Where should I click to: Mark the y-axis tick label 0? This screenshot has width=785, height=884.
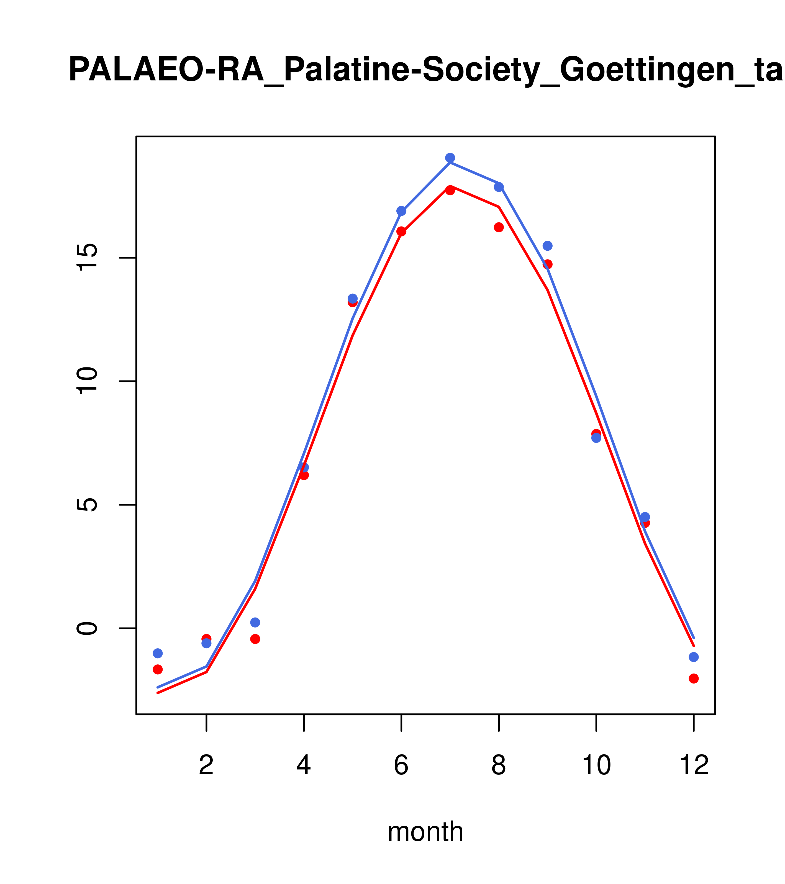88,628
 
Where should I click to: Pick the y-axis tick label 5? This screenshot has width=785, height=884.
88,505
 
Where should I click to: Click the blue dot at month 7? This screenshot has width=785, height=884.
450,158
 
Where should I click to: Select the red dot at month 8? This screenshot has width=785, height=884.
499,227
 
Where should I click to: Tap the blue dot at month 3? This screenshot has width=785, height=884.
255,622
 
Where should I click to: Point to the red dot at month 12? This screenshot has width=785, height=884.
693,679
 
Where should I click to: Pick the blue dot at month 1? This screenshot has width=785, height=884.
158,653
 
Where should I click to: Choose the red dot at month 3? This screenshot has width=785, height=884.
255,639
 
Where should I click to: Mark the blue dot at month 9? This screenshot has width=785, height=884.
547,246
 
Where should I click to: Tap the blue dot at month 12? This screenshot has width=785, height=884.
693,657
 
